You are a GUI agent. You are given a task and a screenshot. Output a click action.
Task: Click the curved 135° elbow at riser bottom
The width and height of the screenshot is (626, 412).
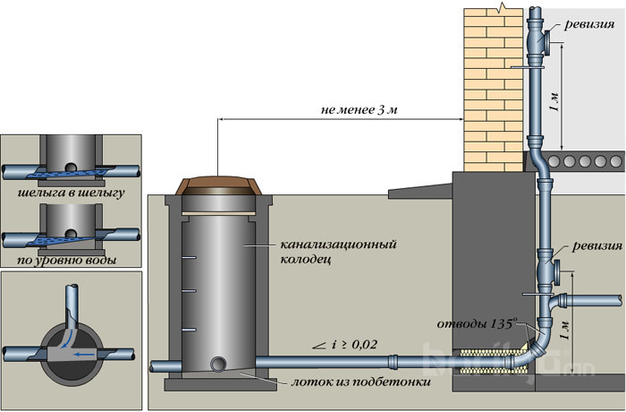(533, 346)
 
